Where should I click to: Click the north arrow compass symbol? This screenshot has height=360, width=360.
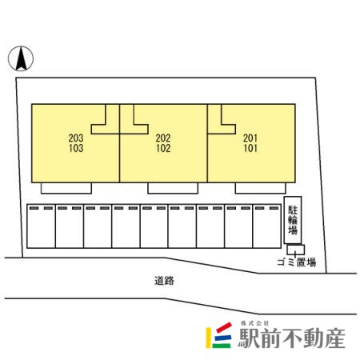(21, 58)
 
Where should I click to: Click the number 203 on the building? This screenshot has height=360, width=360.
(76, 138)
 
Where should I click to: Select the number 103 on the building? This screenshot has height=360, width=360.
(76, 148)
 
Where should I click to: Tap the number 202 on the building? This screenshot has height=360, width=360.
(163, 138)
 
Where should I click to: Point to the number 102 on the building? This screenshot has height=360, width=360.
(163, 148)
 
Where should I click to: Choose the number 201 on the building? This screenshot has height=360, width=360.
(250, 138)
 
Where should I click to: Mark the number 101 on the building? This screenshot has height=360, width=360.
(250, 148)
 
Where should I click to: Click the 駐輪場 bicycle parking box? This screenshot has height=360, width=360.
(293, 220)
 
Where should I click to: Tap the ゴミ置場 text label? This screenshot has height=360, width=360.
(297, 262)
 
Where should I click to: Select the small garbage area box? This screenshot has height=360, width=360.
(296, 250)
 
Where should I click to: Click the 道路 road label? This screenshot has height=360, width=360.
(164, 281)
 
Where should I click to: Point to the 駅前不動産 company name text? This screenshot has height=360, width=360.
(291, 338)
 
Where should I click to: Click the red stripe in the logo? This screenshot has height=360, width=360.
(224, 327)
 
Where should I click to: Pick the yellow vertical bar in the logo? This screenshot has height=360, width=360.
(208, 338)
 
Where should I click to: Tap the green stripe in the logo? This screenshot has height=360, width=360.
(222, 346)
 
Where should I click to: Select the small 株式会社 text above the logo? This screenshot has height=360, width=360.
(254, 323)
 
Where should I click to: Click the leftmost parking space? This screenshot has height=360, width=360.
(41, 226)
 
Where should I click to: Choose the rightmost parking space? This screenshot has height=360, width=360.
(266, 226)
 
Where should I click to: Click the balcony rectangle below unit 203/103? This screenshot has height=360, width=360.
(66, 188)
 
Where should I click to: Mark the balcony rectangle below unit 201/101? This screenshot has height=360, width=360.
(260, 188)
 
